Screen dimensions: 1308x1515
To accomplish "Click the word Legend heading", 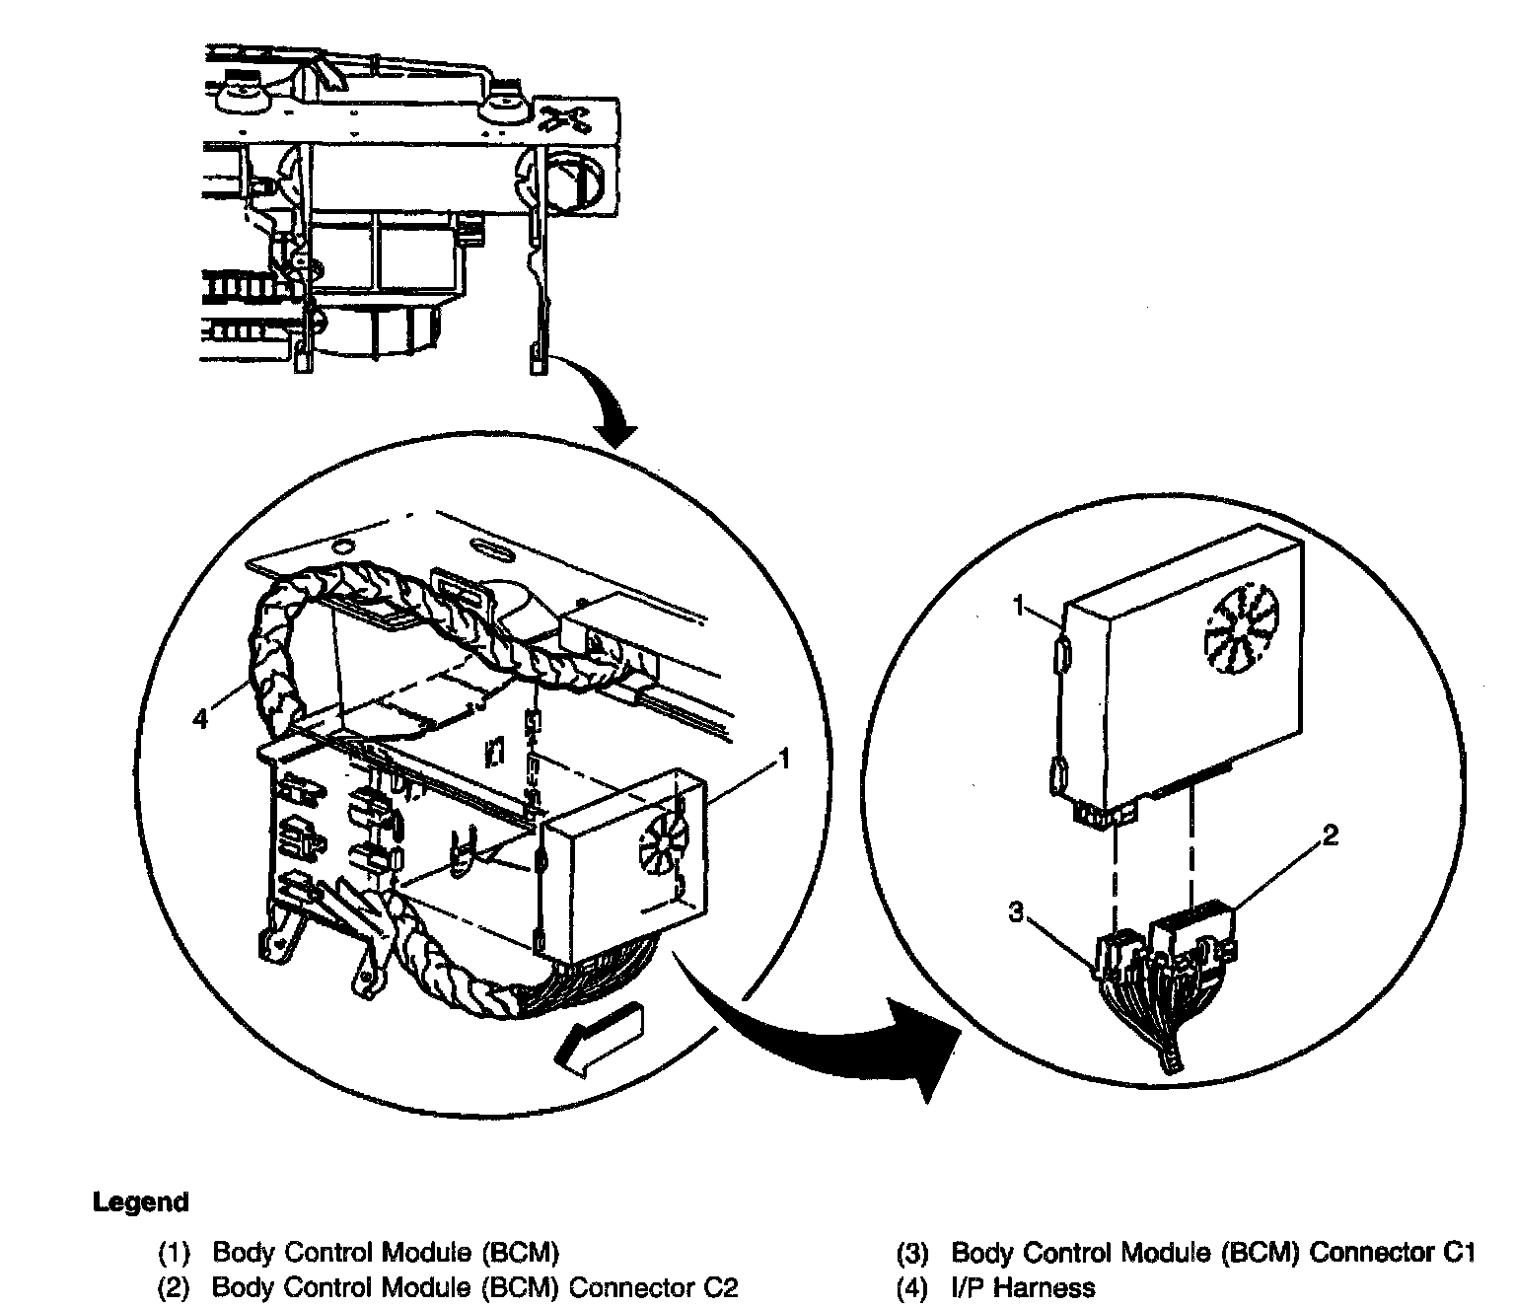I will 140,1202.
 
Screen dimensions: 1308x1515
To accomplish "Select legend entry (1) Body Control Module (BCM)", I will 359,1253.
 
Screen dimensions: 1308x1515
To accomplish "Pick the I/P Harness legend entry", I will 996,1286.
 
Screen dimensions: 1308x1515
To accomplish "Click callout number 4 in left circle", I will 201,719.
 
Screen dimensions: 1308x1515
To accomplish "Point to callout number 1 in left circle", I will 784,758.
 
